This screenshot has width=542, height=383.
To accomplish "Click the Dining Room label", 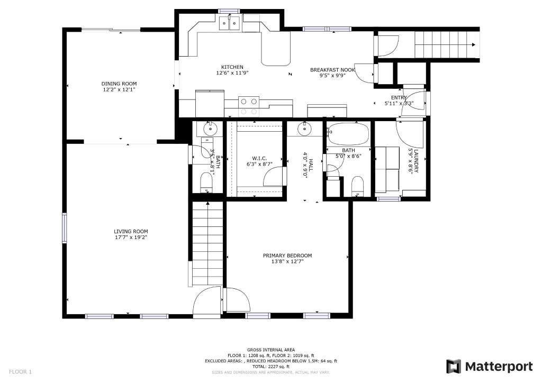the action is [x=119, y=84].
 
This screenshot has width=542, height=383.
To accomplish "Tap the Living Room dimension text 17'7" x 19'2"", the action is [x=131, y=238].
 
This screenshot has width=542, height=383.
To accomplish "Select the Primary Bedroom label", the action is [x=287, y=256].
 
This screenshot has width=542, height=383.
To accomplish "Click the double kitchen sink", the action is [x=230, y=23].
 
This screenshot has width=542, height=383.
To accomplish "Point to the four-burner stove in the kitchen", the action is [x=249, y=106].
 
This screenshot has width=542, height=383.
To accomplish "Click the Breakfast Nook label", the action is [x=332, y=70].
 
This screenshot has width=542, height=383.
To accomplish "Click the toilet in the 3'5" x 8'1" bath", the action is [x=207, y=183].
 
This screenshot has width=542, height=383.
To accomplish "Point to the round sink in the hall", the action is [x=304, y=130].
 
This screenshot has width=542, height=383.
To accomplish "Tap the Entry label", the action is [x=399, y=98].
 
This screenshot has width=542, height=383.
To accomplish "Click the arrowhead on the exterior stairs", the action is [x=473, y=44].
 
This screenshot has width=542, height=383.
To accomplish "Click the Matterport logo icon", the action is [x=454, y=367].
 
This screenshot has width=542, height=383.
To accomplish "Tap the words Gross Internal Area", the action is [x=271, y=350].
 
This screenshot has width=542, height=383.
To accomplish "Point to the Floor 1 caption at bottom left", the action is [x=20, y=372].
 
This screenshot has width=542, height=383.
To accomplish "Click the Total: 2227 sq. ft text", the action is [x=271, y=367].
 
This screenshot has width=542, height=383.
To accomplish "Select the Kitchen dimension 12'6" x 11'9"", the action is [x=232, y=73].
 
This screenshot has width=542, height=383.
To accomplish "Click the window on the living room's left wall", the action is [x=64, y=228].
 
